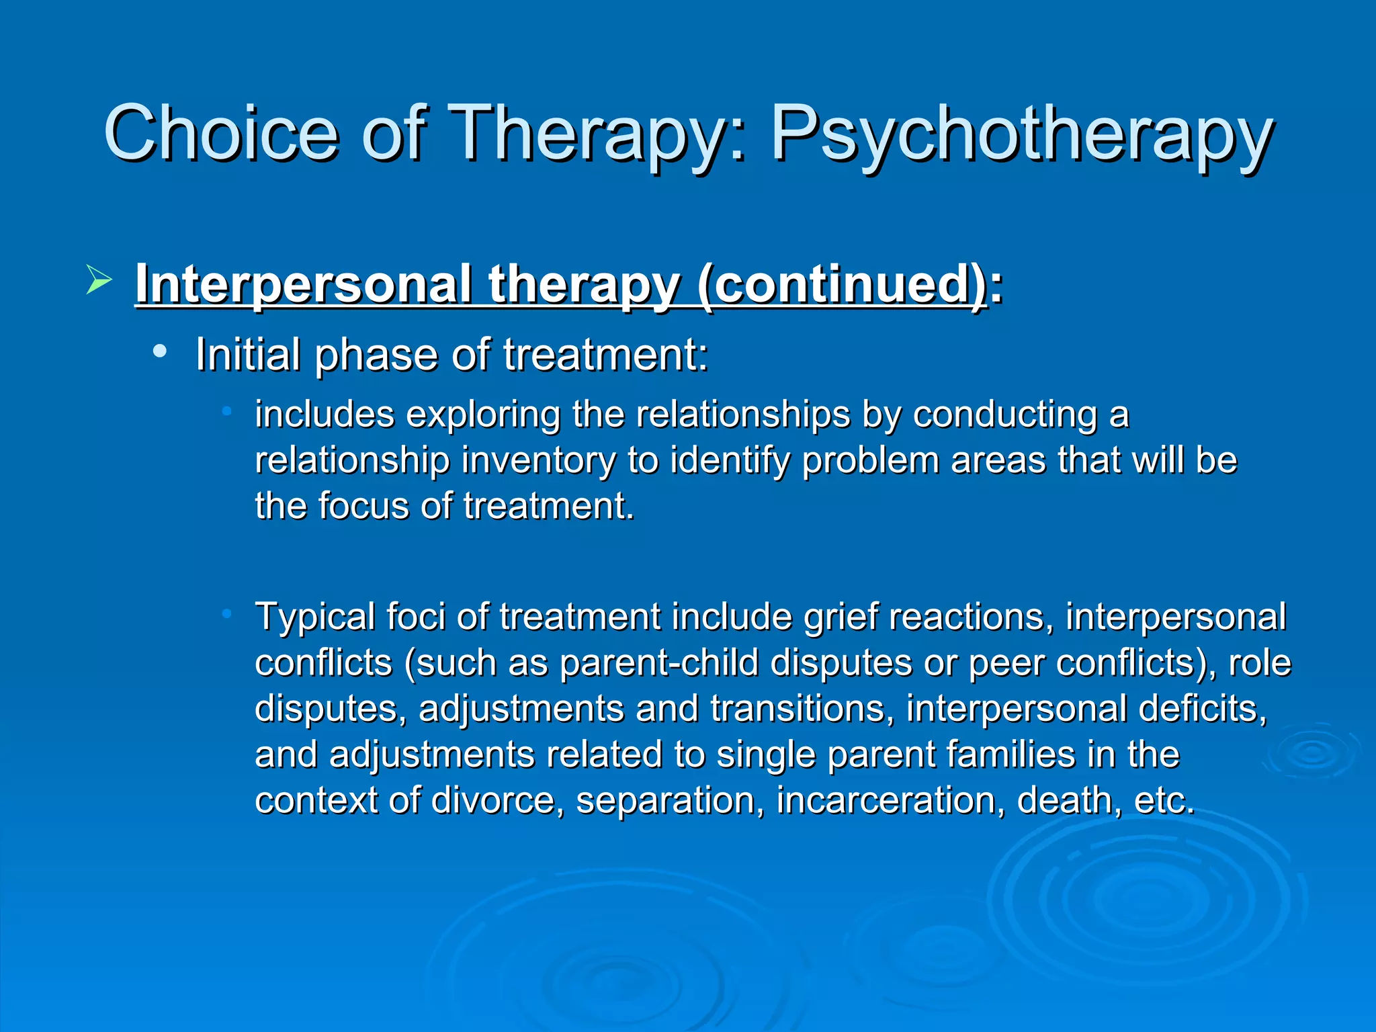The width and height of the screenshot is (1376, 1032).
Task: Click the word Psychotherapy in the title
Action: pyautogui.click(x=1021, y=134)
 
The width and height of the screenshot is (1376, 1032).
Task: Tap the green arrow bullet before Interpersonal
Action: pyautogui.click(x=99, y=280)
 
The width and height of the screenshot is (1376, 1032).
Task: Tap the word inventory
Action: pyautogui.click(x=538, y=461)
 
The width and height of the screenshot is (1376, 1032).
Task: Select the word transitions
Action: pyautogui.click(x=802, y=709)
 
